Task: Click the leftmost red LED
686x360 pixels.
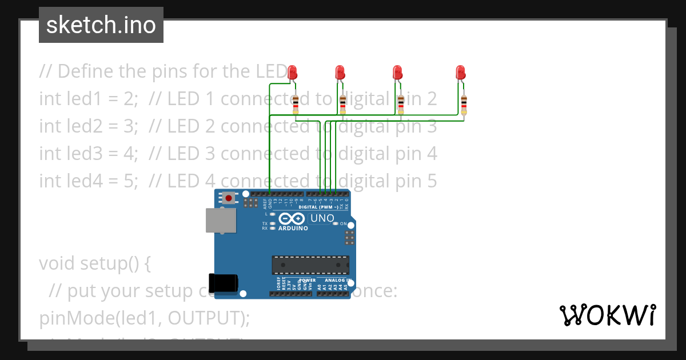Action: [x=292, y=73]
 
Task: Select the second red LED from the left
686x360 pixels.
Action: [x=340, y=73]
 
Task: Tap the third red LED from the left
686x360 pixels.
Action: [x=398, y=73]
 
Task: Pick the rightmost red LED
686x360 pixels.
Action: [x=460, y=73]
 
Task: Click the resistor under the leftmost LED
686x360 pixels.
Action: [x=296, y=105]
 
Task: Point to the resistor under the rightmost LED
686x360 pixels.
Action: [x=464, y=105]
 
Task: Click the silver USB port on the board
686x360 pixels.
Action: [x=221, y=221]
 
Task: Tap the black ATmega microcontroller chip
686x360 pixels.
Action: [x=310, y=265]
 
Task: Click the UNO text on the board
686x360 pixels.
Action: [x=322, y=218]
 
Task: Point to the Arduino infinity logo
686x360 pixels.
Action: [x=292, y=219]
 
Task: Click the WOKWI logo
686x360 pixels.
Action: [x=607, y=315]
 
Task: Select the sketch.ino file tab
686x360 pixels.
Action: [x=101, y=25]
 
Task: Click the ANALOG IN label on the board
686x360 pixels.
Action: [x=337, y=281]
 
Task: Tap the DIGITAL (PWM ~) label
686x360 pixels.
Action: [x=323, y=207]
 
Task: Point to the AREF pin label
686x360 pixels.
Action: [x=265, y=202]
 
